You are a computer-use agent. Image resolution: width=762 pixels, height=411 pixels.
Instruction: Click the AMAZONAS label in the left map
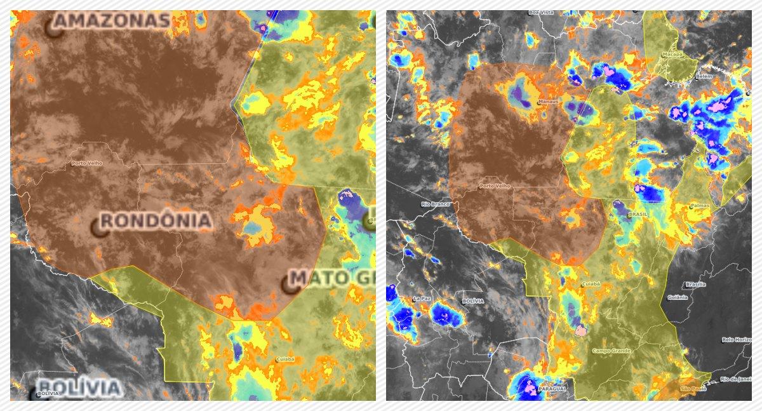click(x=112, y=22)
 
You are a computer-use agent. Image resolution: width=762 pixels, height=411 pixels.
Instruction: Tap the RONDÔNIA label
click(x=156, y=221)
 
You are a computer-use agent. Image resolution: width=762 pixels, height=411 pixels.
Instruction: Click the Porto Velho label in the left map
click(x=86, y=163)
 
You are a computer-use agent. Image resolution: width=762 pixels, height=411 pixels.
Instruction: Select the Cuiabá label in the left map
click(x=285, y=360)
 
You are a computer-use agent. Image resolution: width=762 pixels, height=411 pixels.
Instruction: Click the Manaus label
click(x=548, y=102)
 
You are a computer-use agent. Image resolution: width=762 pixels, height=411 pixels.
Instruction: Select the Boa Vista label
click(x=542, y=12)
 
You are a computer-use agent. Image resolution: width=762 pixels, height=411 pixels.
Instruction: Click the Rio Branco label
click(x=435, y=204)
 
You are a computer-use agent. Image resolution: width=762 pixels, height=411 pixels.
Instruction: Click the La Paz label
click(x=422, y=299)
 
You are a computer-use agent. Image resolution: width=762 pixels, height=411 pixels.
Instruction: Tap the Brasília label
click(x=695, y=284)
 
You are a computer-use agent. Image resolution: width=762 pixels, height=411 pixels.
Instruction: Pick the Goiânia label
click(x=678, y=297)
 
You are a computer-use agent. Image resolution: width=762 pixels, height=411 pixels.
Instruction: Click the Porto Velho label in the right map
click(x=495, y=186)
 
